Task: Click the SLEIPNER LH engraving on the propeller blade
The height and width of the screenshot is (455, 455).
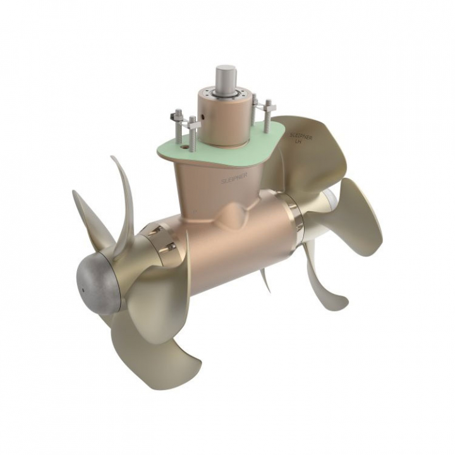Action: coord(298,137)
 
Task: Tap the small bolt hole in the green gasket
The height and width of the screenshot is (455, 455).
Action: coord(187,150)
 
